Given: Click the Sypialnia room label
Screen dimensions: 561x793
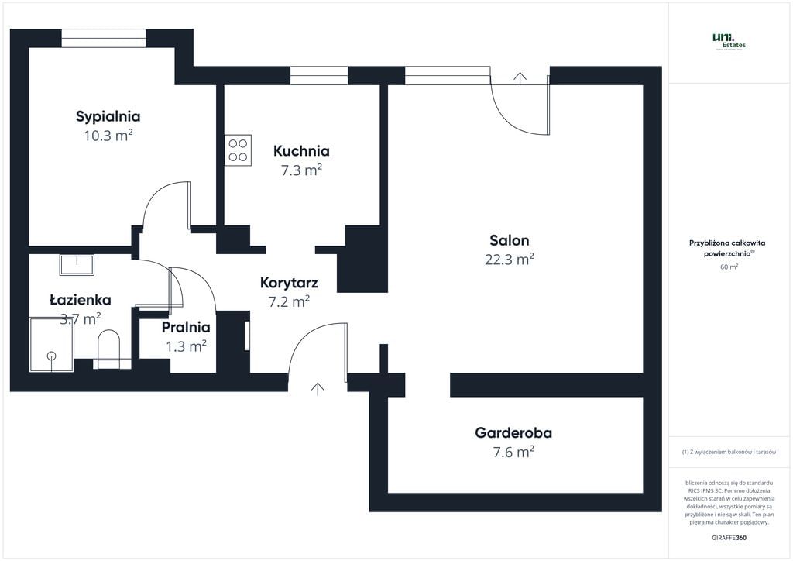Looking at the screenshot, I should point(108,117).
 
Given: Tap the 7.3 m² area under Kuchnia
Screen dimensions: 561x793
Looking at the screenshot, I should point(301,170).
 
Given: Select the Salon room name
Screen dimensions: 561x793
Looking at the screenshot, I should point(510,240).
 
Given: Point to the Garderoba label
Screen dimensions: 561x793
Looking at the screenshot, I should point(513,433).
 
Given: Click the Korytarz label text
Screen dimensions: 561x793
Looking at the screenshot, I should point(289,283).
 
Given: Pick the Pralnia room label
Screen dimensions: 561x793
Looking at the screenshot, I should point(186,327).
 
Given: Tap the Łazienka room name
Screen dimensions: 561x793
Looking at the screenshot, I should point(80,300).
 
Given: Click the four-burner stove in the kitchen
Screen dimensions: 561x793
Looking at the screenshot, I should point(238,150).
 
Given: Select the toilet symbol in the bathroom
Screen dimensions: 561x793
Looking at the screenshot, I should point(109,348).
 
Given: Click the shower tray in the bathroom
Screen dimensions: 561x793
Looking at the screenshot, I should point(52,343).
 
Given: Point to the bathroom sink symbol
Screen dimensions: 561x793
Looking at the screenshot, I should point(77,265).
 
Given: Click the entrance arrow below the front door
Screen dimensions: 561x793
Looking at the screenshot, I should point(318,388).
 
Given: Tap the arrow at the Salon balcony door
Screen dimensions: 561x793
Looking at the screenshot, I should point(520,77).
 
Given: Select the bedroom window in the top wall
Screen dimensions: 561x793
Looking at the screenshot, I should point(104,39).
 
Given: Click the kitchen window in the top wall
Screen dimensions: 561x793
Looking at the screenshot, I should point(319,75).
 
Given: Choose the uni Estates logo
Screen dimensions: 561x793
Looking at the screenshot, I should point(729,41).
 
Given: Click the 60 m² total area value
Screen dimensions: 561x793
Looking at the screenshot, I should point(729,267).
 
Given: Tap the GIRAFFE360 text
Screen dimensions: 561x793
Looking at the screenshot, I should point(729,537).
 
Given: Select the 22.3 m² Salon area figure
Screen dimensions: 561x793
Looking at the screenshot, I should point(510,260).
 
